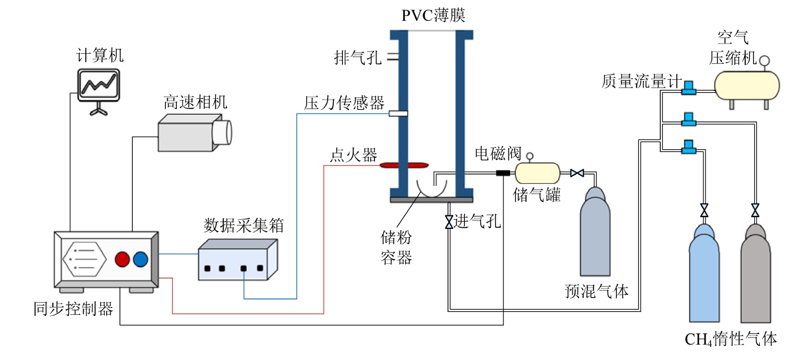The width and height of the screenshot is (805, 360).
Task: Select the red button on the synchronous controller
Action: (123, 259)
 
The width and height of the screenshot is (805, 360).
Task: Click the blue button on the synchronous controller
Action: (141, 259)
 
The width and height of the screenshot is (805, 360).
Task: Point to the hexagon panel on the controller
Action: (84, 259)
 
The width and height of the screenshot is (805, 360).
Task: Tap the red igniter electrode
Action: (403, 165)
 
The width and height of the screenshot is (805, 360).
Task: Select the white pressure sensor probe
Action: (398, 114)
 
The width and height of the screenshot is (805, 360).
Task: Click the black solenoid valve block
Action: (503, 172)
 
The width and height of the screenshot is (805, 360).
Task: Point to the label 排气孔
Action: (357, 58)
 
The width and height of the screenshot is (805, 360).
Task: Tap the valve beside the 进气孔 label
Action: (449, 222)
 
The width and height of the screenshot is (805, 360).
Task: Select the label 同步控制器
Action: (73, 309)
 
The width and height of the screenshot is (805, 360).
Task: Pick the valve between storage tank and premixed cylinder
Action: (577, 173)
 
